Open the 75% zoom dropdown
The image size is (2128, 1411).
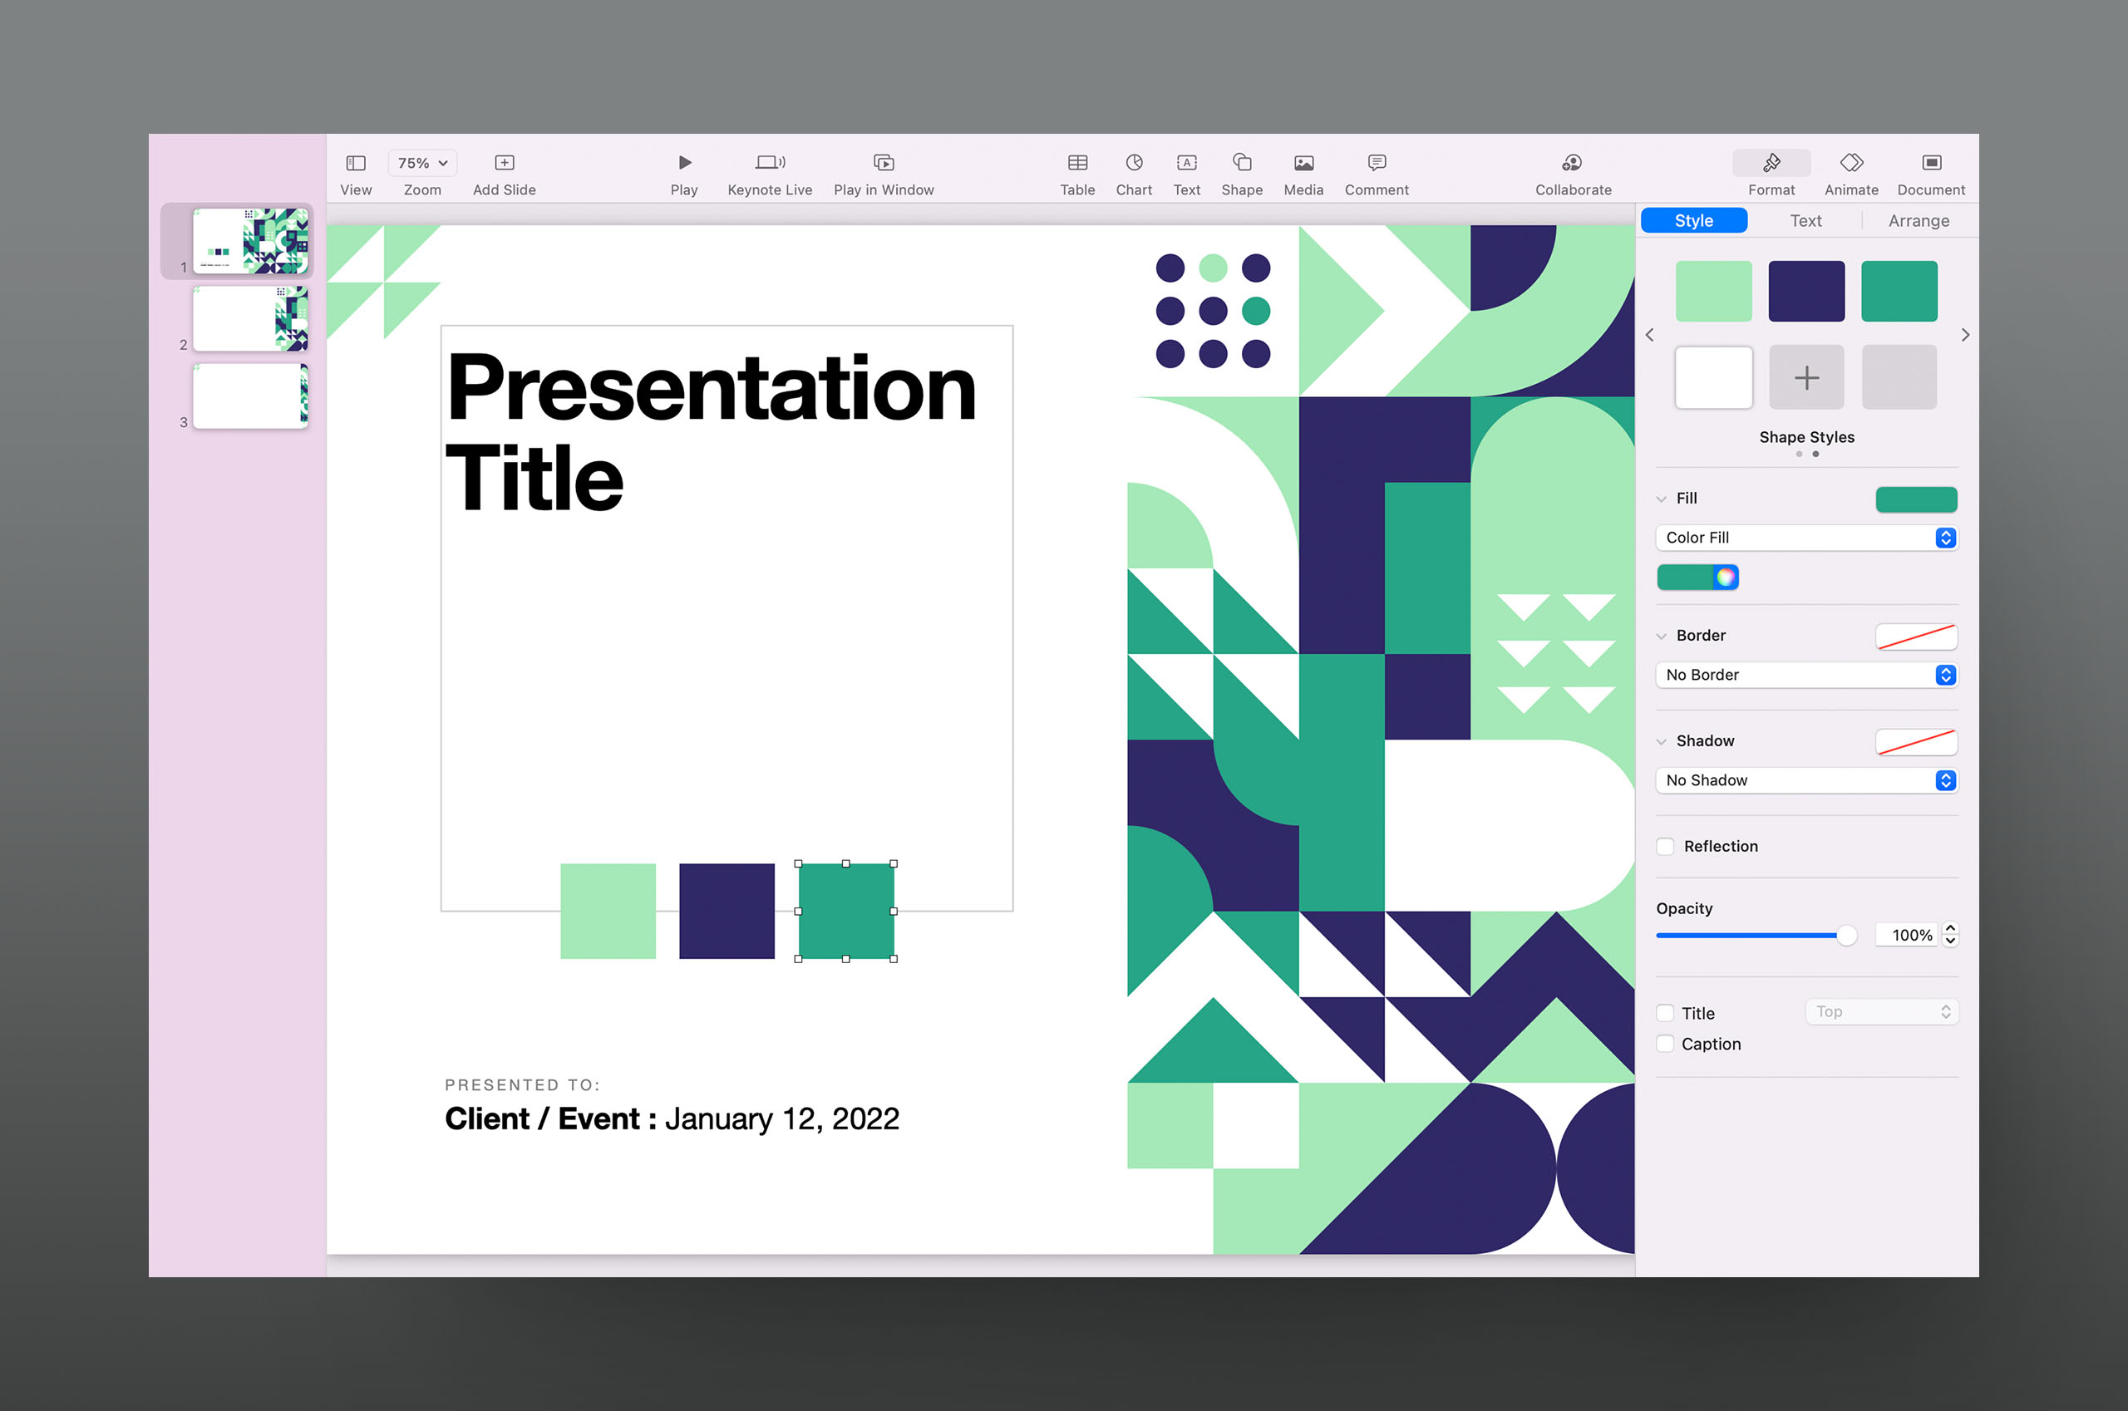point(422,163)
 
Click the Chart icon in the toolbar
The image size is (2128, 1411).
point(1134,163)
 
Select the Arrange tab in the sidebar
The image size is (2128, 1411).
point(1919,220)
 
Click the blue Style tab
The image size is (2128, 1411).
point(1693,220)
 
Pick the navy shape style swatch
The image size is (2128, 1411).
point(1805,291)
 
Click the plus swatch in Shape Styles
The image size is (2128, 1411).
point(1805,377)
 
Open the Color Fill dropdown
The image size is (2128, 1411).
point(1805,537)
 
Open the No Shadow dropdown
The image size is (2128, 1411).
point(1805,780)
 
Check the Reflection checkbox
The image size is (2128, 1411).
point(1665,846)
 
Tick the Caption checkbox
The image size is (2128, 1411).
point(1665,1044)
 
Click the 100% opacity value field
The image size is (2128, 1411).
point(1908,935)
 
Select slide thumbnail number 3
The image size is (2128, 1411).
point(250,396)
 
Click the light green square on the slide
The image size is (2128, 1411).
point(608,911)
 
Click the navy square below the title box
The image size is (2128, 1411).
point(727,911)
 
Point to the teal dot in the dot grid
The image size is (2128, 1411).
point(1256,311)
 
